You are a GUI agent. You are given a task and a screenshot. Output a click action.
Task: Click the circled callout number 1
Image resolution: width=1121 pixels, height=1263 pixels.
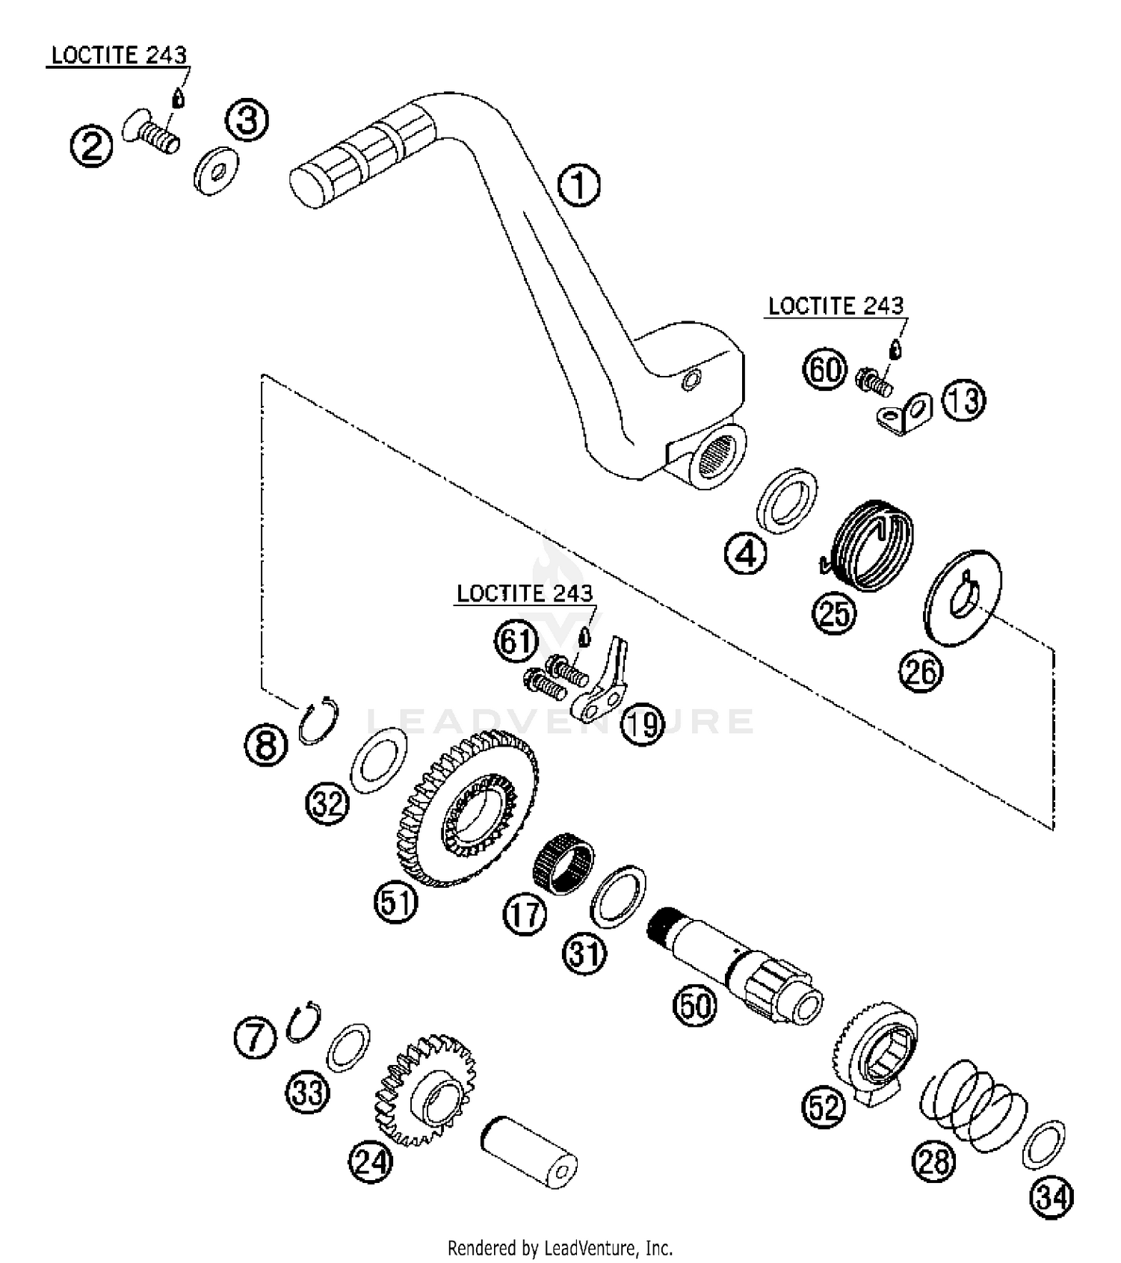click(x=578, y=185)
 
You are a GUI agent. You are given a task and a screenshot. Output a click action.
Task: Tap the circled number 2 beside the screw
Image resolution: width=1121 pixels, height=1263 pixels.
click(x=91, y=146)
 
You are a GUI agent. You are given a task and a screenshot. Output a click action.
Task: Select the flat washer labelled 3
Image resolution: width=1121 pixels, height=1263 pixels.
click(x=217, y=173)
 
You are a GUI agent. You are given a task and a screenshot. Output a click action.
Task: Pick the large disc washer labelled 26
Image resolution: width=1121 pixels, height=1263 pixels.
click(x=963, y=596)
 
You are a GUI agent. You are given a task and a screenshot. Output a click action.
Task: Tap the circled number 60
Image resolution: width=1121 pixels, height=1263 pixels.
click(x=825, y=369)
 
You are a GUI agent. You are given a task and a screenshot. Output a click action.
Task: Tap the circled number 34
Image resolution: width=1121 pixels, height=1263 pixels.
click(x=1051, y=1197)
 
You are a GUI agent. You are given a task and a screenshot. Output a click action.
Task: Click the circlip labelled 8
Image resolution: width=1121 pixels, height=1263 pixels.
click(x=318, y=720)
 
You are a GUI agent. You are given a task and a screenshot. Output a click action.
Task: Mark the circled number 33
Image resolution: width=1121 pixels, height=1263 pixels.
click(x=308, y=1093)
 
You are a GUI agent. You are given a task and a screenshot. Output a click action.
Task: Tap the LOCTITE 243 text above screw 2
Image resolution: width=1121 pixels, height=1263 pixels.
click(x=118, y=55)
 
